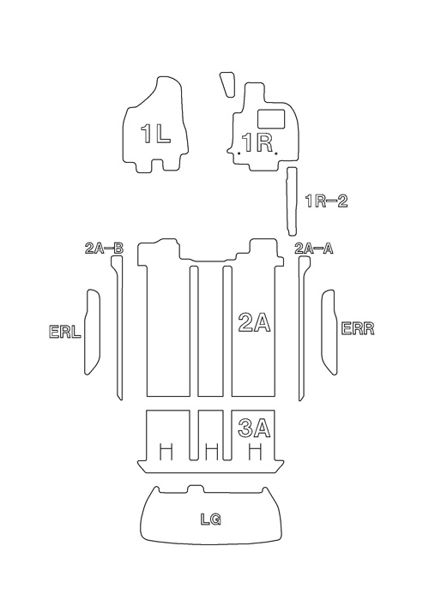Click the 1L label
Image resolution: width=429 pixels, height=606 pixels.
click(x=155, y=134)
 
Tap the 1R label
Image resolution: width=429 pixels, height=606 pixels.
click(x=257, y=142)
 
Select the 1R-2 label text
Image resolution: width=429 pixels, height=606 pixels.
click(x=327, y=201)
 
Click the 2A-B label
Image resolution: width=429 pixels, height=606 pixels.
click(x=104, y=248)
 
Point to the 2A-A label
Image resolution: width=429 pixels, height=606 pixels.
click(x=314, y=248)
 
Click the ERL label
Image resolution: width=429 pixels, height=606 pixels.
click(x=65, y=332)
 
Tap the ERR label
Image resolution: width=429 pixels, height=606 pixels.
click(x=358, y=328)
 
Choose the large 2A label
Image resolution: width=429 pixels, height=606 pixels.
click(x=254, y=322)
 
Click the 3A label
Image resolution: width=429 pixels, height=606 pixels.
click(x=254, y=428)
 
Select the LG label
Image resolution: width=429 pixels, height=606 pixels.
click(x=211, y=519)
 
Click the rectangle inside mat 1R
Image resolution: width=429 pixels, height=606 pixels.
click(x=271, y=118)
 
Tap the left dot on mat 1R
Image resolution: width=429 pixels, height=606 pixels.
click(x=239, y=153)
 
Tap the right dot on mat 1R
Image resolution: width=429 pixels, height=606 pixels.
click(x=275, y=153)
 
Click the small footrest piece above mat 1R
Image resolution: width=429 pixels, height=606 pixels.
click(x=227, y=84)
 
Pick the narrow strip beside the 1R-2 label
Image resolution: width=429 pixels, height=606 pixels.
click(x=291, y=201)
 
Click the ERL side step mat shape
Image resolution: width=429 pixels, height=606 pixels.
click(x=92, y=332)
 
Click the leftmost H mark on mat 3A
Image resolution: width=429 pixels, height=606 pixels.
click(x=166, y=452)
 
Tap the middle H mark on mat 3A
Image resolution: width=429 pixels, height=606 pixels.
click(x=212, y=452)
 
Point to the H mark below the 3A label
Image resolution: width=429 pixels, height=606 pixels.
click(x=254, y=452)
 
